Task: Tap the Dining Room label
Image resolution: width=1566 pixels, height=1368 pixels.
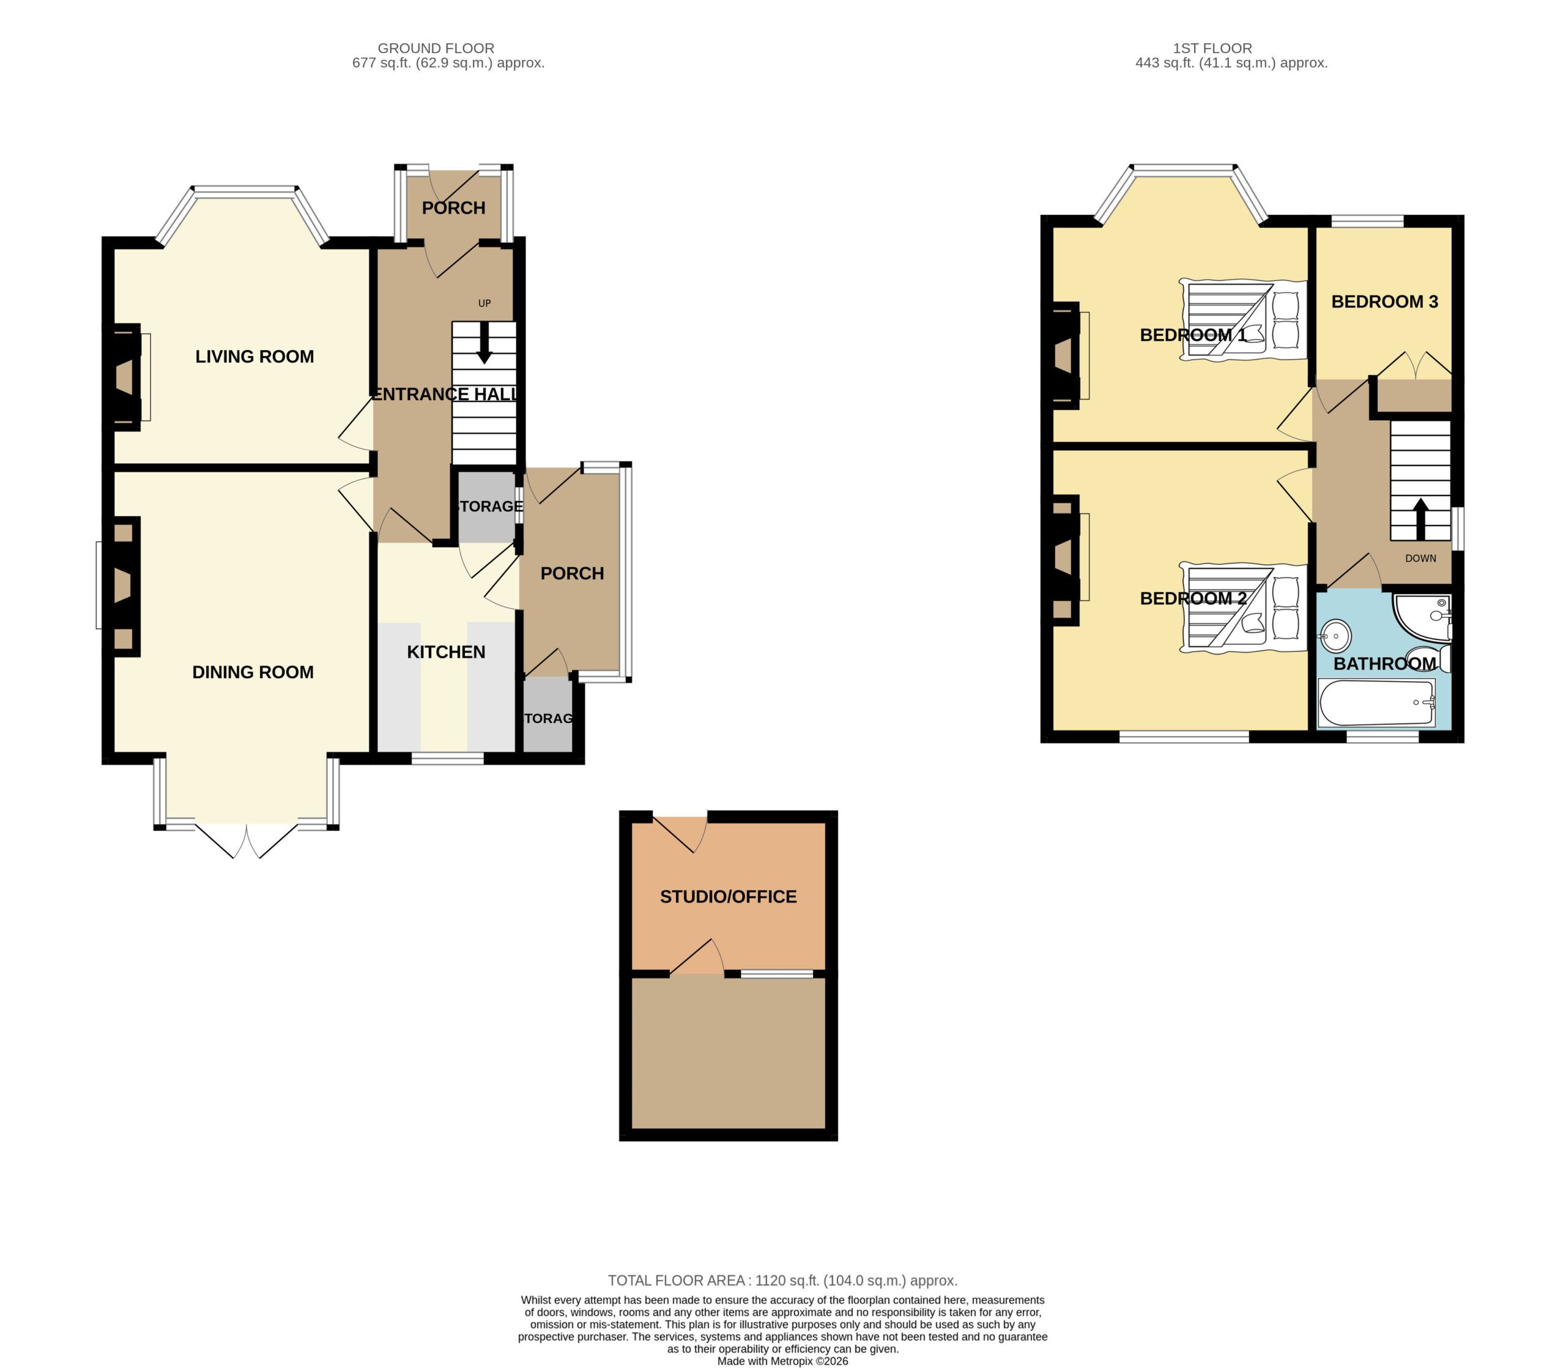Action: tap(253, 672)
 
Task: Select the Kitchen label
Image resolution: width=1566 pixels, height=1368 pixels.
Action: tap(446, 652)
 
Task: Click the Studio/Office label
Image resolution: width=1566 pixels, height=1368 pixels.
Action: tap(728, 896)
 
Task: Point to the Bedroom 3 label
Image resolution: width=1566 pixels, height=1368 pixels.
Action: tap(1384, 302)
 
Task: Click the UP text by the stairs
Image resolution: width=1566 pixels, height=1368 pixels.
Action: tap(484, 303)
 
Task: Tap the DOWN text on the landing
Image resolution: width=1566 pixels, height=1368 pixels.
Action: tap(1420, 558)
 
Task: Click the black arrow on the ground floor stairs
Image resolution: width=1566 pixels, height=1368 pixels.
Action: tap(484, 343)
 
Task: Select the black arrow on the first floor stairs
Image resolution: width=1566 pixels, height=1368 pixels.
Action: tap(1420, 519)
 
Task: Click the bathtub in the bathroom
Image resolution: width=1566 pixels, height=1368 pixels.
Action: tap(1377, 702)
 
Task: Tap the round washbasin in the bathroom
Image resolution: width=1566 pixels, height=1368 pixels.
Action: tap(1335, 635)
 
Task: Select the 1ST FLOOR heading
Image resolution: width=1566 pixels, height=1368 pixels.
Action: tap(1212, 48)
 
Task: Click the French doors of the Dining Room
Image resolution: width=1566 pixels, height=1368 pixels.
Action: tap(247, 841)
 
